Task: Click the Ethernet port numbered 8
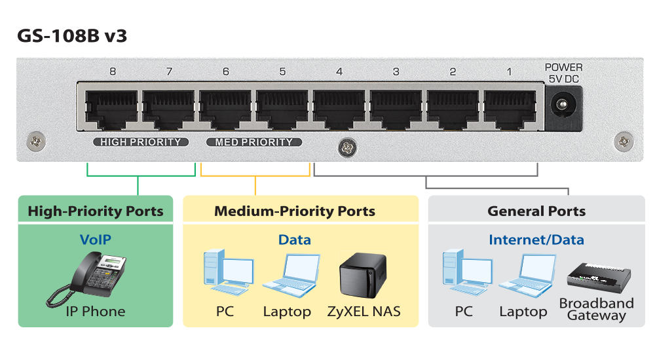click(112, 107)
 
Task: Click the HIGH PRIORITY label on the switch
click(141, 142)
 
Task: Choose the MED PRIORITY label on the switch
click(254, 142)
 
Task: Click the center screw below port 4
click(346, 149)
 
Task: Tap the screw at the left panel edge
click(36, 140)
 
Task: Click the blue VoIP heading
click(95, 240)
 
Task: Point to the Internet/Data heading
click(536, 240)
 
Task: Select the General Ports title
click(536, 211)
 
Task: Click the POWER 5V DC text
click(563, 73)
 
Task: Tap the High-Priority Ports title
click(96, 211)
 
